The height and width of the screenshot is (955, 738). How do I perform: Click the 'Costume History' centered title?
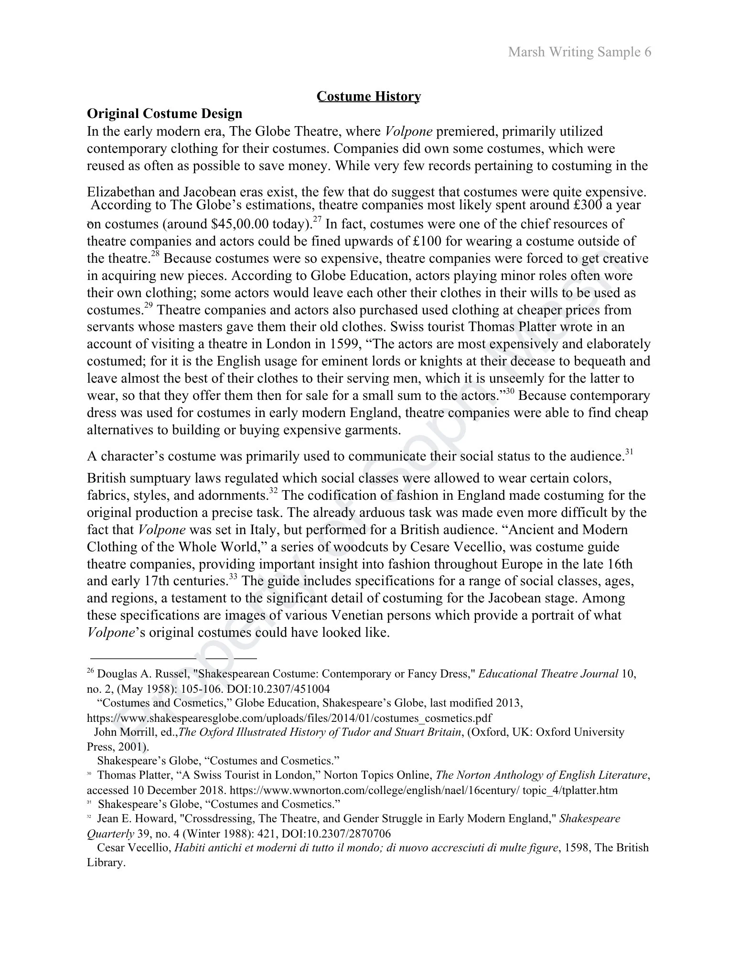tap(369, 97)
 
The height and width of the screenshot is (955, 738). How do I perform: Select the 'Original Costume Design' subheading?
tap(164, 114)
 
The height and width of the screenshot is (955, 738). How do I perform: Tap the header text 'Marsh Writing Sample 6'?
tap(579, 52)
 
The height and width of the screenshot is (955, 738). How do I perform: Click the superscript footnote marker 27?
tap(317, 219)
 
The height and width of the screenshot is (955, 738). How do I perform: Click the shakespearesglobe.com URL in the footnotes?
tap(289, 718)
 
